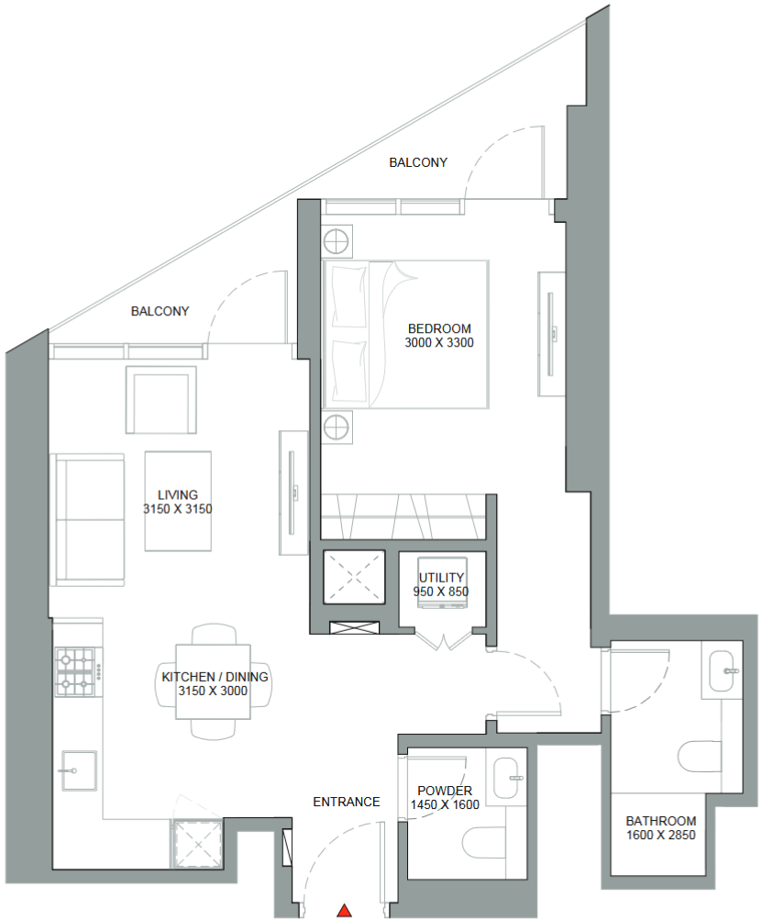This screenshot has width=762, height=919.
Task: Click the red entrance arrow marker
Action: pyautogui.click(x=345, y=910)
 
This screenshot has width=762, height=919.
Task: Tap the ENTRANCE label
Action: pyautogui.click(x=346, y=802)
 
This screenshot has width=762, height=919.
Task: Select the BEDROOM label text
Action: pyautogui.click(x=439, y=328)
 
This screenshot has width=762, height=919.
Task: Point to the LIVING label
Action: pyautogui.click(x=177, y=494)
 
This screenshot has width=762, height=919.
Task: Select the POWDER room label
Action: pyautogui.click(x=445, y=791)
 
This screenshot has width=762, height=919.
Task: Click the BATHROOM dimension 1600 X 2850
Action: pyautogui.click(x=660, y=836)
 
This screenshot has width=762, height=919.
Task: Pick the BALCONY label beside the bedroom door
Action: pyautogui.click(x=418, y=162)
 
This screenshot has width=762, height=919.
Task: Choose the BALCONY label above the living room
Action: pyautogui.click(x=160, y=311)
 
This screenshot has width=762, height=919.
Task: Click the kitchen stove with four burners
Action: pyautogui.click(x=76, y=671)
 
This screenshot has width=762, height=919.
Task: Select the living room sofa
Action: pyautogui.click(x=88, y=519)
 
